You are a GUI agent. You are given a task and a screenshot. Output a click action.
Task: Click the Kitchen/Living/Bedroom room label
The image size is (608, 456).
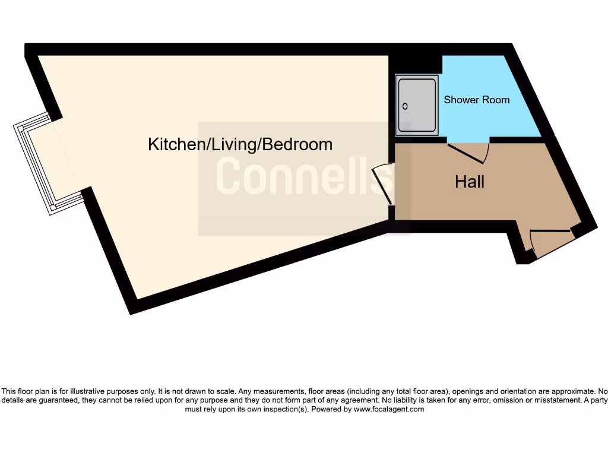240,144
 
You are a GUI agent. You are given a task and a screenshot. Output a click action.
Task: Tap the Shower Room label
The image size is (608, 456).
476,100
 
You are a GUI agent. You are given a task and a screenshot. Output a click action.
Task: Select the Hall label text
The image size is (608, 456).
469,182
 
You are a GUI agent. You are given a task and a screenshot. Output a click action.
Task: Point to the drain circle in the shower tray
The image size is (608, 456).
406,106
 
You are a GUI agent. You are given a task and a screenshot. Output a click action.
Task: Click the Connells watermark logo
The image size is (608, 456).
304,176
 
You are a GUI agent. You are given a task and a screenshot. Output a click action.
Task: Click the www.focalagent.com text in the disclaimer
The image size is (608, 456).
388,409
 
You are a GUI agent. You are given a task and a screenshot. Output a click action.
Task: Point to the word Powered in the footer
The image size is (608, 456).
326,409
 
